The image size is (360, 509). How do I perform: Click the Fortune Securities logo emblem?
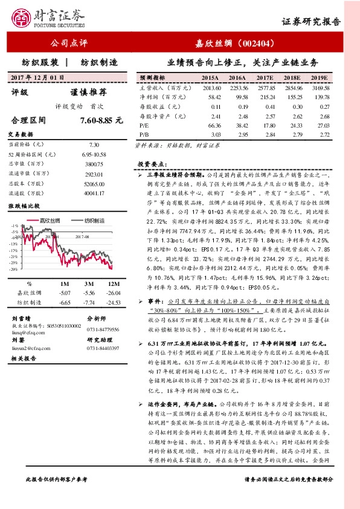pyautogui.click(x=22, y=18)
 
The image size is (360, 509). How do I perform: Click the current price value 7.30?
pyautogui.click(x=94, y=145)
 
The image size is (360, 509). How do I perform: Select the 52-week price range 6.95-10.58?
pyautogui.click(x=94, y=155)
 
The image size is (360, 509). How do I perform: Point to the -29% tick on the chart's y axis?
pyautogui.click(x=13, y=269)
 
